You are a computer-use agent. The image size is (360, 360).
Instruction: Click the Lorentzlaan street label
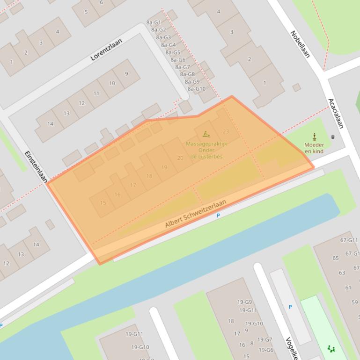[x=106, y=50]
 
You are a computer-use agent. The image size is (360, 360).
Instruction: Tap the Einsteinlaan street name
[x=36, y=166]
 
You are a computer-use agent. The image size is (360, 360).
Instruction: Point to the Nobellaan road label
[x=300, y=44]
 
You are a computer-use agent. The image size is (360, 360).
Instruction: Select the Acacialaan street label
[x=336, y=113]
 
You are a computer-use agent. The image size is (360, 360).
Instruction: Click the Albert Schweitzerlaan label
[x=195, y=214]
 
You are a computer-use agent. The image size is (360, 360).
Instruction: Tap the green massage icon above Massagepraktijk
[x=206, y=135]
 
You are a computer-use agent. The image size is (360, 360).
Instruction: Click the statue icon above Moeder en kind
[x=314, y=137]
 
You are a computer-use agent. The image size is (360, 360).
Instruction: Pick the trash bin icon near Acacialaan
[x=333, y=137]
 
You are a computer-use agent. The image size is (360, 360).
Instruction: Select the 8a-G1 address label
[x=154, y=22]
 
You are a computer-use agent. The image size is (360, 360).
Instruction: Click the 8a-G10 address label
[x=197, y=89]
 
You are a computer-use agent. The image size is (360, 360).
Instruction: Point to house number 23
[x=226, y=131]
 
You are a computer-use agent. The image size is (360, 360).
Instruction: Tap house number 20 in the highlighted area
[x=180, y=158]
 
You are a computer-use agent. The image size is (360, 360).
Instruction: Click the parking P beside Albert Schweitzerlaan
[x=218, y=216]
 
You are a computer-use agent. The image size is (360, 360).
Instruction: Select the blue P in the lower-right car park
[x=290, y=307]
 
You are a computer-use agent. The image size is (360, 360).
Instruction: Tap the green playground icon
[x=331, y=348]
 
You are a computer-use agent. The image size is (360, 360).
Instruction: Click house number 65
[x=336, y=258]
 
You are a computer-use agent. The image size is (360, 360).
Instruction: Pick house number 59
[x=354, y=302]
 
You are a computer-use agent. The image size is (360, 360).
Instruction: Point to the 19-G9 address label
[x=244, y=302]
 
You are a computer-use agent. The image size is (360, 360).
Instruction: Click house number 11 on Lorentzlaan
[x=96, y=93]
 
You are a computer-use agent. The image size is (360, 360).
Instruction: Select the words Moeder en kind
[x=314, y=148]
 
